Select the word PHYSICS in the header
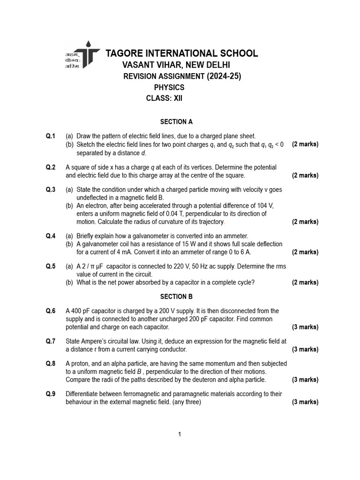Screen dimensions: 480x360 pyautogui.click(x=169, y=87)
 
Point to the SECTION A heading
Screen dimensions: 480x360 pyautogui.click(x=176, y=122)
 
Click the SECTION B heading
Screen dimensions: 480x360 pyautogui.click(x=176, y=297)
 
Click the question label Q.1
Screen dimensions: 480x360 pyautogui.click(x=51, y=136)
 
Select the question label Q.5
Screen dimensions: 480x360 pyautogui.click(x=51, y=266)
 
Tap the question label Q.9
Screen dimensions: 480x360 pyautogui.click(x=51, y=394)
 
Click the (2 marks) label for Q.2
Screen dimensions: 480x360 pyautogui.click(x=305, y=175)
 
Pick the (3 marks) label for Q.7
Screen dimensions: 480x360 pyautogui.click(x=305, y=349)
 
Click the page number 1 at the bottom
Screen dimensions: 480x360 pyautogui.click(x=180, y=435)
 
